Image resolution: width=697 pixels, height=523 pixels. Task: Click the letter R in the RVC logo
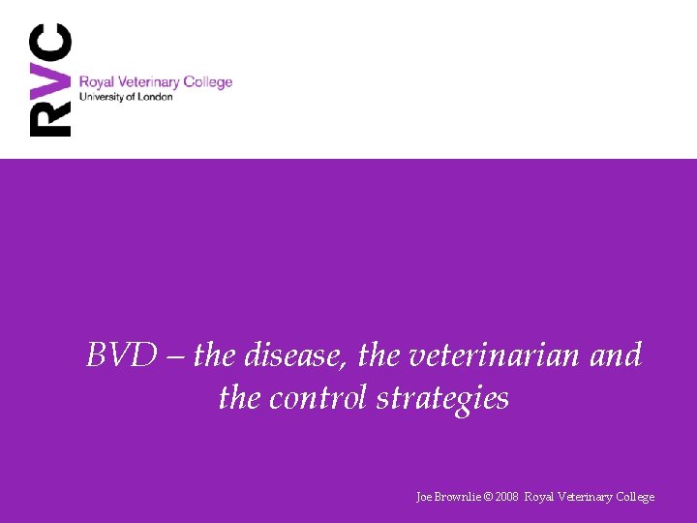[51, 117]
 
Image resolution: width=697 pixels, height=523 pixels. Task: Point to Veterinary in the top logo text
[149, 82]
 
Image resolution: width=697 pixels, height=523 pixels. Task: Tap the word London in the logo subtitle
[156, 97]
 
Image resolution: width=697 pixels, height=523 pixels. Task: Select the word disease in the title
[296, 355]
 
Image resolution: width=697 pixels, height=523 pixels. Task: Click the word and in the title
[616, 355]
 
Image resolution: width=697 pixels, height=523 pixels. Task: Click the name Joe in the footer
[424, 497]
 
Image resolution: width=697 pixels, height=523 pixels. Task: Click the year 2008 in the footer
[506, 497]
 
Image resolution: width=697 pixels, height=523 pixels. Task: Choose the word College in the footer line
[633, 497]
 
